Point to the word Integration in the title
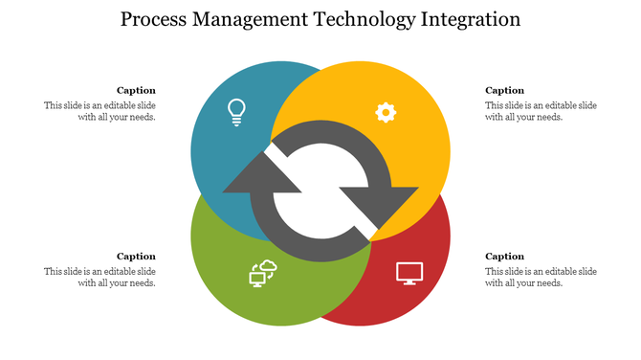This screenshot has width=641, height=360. [x=474, y=20]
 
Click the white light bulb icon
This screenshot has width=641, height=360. [x=236, y=112]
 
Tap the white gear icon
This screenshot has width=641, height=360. [x=386, y=113]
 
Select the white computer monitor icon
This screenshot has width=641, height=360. [x=409, y=273]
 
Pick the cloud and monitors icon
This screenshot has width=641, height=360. [x=262, y=274]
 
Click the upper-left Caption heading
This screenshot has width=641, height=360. [x=136, y=91]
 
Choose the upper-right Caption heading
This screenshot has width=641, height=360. [x=505, y=91]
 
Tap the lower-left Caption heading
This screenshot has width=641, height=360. [x=136, y=256]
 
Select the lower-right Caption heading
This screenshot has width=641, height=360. [x=505, y=256]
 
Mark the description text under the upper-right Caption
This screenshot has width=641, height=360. [x=541, y=111]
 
